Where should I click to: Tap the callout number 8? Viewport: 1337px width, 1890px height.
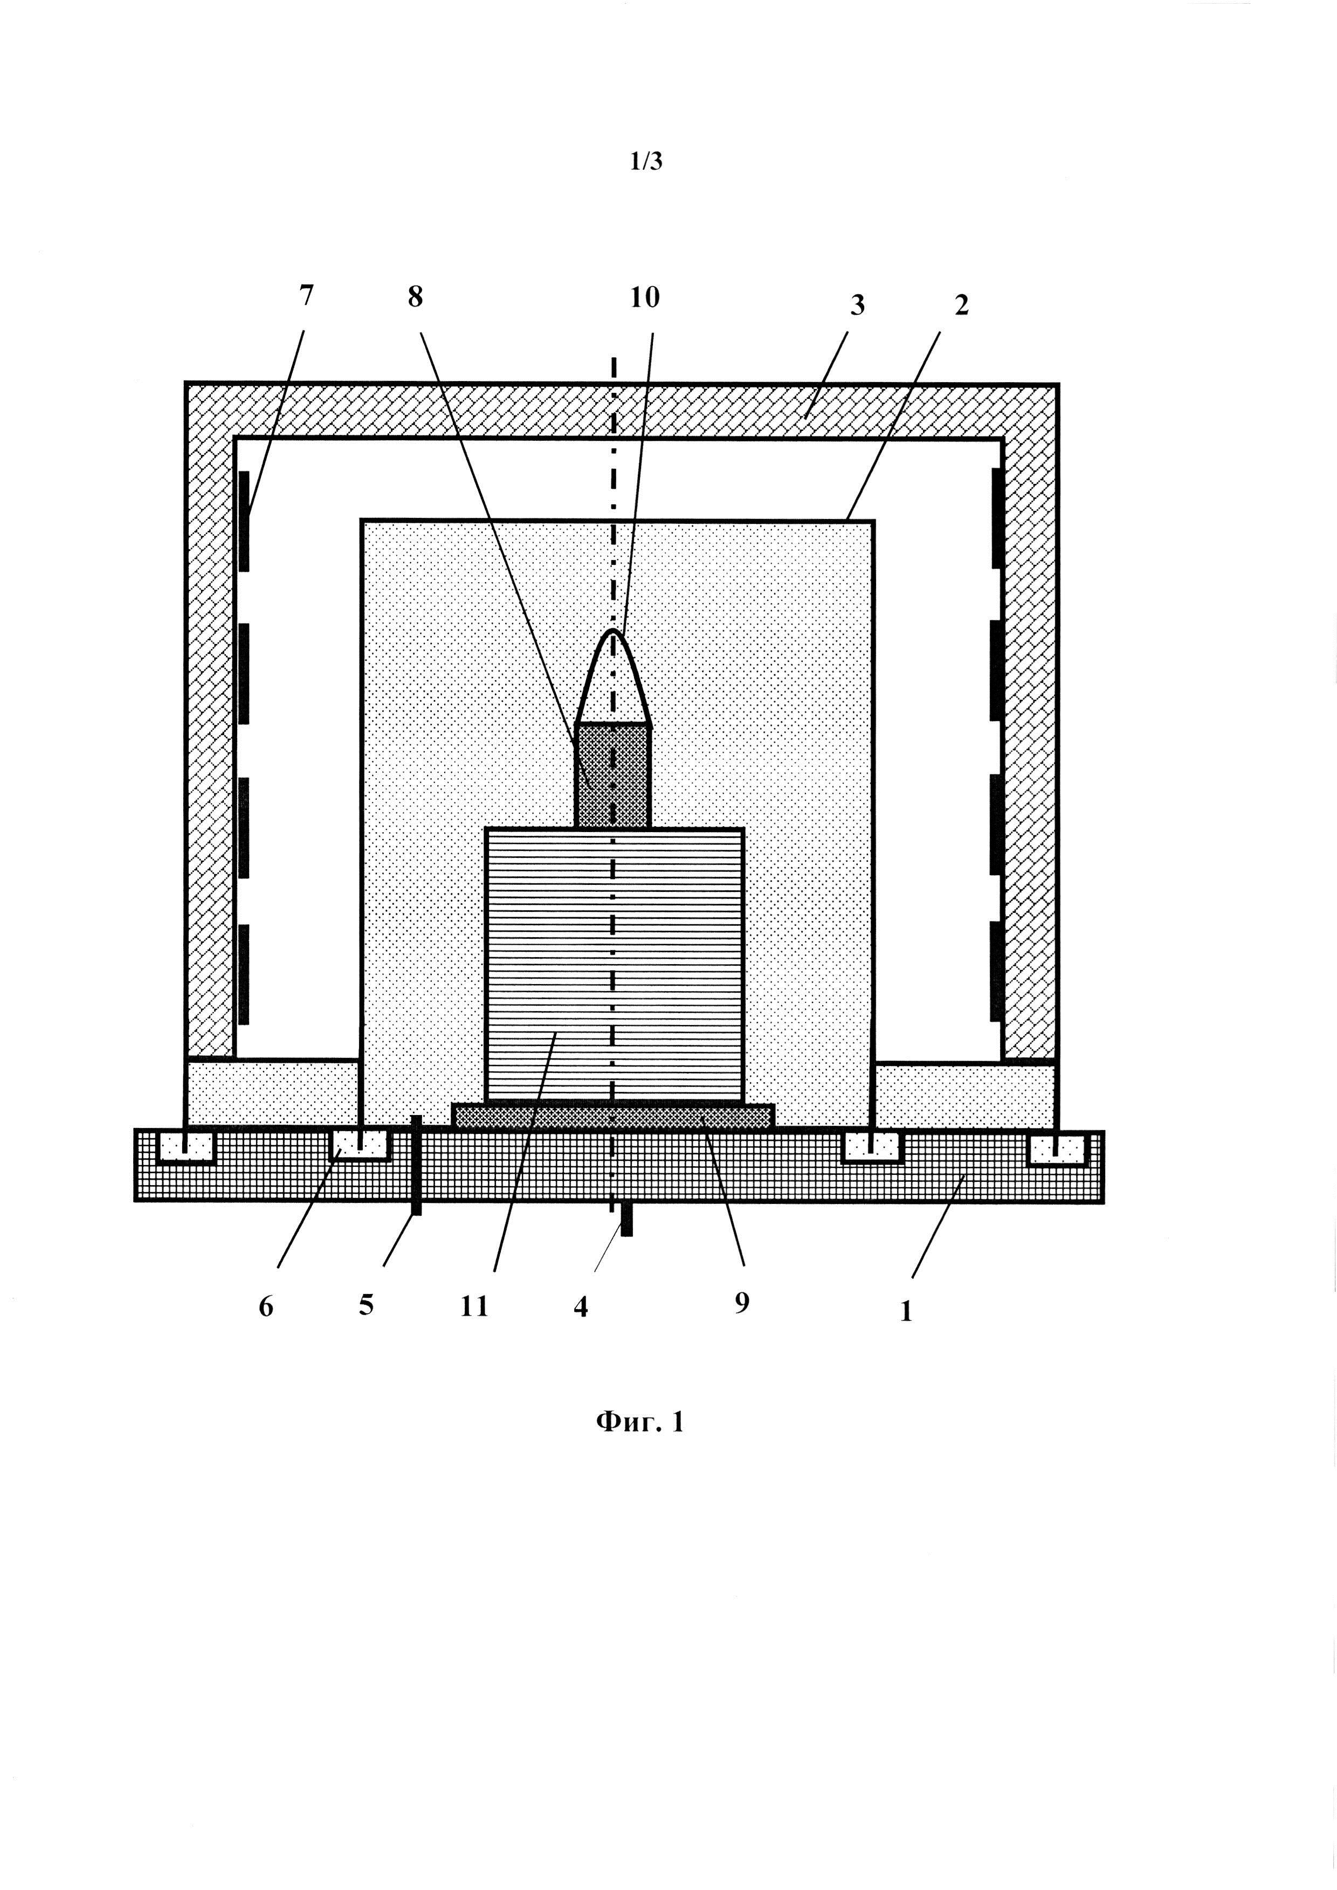coord(415,297)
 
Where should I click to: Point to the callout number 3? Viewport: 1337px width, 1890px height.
coord(858,306)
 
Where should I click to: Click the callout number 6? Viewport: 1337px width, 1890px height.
coord(266,1306)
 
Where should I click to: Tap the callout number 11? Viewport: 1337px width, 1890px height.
coord(474,1306)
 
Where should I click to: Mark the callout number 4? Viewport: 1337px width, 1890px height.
coord(581,1306)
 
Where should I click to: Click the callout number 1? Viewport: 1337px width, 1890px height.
coord(906,1311)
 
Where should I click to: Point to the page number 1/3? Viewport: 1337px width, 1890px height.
coord(646,161)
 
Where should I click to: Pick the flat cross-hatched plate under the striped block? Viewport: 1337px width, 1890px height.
coord(614,1116)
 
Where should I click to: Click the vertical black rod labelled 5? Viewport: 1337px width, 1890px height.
coord(417,1164)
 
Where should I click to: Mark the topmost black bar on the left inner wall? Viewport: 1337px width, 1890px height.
coord(244,520)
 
